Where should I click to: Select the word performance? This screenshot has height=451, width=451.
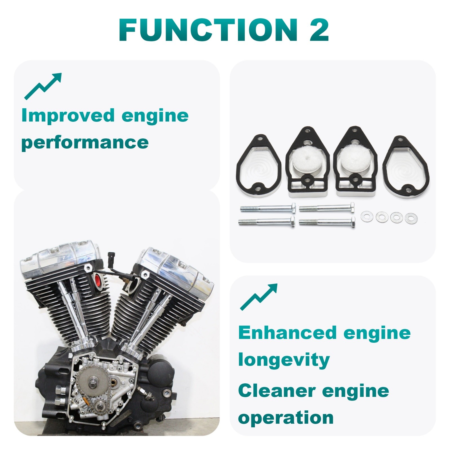[x=85, y=142]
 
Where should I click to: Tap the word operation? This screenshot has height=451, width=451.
[x=286, y=418]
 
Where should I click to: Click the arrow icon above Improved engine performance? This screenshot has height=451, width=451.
[x=43, y=86]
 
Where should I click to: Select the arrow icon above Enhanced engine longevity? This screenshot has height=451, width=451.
[x=259, y=297]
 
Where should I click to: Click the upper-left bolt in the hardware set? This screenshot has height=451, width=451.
[x=268, y=208]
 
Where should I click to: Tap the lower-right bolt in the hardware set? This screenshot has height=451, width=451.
[x=327, y=222]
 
